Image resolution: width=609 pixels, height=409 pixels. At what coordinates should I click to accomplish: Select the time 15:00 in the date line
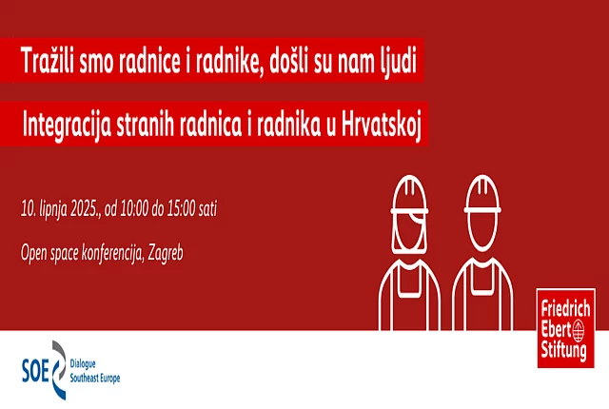click(x=210, y=207)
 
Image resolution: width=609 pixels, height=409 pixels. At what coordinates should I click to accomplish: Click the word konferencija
click(x=107, y=252)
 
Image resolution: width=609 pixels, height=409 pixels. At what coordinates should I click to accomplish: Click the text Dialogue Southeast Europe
click(x=95, y=370)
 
